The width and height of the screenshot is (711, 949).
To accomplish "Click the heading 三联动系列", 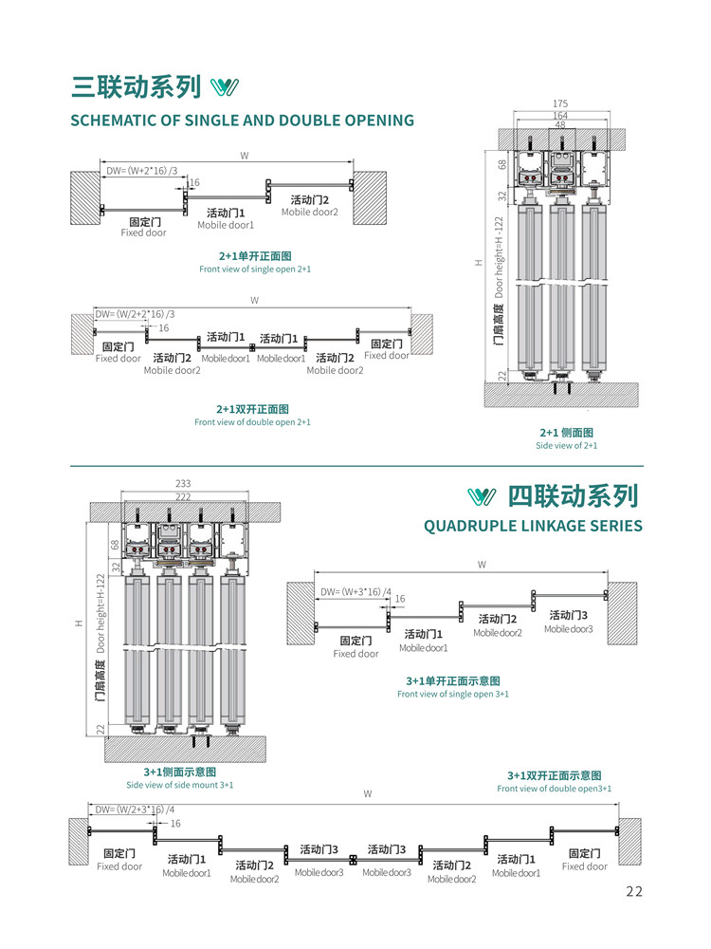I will click(x=137, y=86).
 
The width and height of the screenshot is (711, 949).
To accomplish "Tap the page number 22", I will click(x=634, y=890).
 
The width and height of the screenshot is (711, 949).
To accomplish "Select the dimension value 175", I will click(x=559, y=102).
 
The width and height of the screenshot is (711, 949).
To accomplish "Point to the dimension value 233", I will click(x=184, y=484).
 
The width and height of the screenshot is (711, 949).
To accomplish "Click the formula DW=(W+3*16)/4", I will click(x=355, y=591).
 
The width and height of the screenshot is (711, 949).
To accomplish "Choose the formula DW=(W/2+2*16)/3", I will click(x=135, y=314).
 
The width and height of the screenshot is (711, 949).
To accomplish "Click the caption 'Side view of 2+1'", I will click(x=566, y=445).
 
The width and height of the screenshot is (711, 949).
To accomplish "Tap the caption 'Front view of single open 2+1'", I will click(x=255, y=270).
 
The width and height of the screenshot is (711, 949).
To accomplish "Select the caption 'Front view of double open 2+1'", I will click(x=252, y=422).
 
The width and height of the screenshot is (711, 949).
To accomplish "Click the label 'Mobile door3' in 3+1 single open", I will click(x=568, y=629).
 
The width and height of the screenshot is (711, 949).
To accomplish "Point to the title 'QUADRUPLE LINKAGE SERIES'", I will click(x=533, y=526).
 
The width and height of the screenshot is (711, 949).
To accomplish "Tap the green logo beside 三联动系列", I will click(x=225, y=87).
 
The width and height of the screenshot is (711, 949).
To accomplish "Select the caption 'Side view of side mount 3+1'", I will click(x=180, y=785).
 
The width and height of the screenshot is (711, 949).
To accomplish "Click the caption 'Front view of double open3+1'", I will click(x=555, y=789).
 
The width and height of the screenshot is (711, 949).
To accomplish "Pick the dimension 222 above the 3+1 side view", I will click(x=184, y=496).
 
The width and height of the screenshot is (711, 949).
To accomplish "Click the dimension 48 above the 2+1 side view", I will click(x=559, y=124).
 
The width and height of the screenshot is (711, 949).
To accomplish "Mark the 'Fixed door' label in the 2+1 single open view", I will click(x=143, y=233).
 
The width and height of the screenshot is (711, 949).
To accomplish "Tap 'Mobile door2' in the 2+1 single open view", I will click(x=310, y=212).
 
